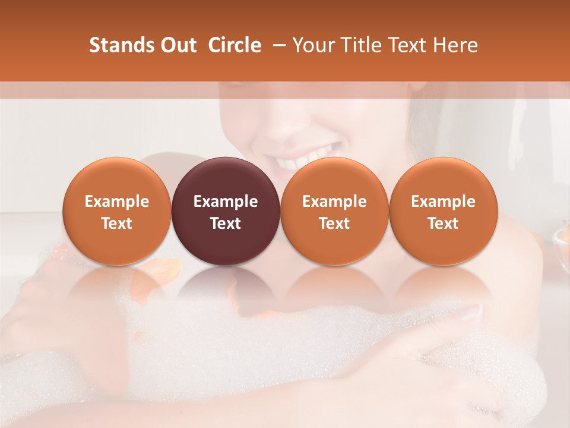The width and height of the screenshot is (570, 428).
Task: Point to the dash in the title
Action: [x=276, y=46]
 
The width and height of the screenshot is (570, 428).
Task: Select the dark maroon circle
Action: [x=226, y=211]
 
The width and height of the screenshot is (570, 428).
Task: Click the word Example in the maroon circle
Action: [x=226, y=202]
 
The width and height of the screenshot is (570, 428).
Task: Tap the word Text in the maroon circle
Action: [x=226, y=224]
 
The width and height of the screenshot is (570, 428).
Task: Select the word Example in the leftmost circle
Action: [x=117, y=202]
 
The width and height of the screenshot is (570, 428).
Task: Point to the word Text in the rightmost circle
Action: [x=443, y=224]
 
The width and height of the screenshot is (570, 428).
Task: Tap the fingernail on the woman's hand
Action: [x=472, y=311]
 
